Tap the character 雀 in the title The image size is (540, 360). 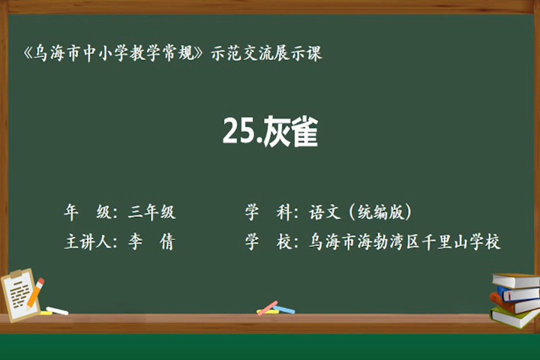pyautogui.click(x=304, y=131)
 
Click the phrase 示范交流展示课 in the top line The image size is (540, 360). pyautogui.click(x=266, y=53)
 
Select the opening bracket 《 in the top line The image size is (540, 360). pyautogui.click(x=28, y=53)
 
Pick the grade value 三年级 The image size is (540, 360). pyautogui.click(x=151, y=211)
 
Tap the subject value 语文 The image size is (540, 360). pyautogui.click(x=325, y=211)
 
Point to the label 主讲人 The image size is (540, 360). pyautogui.click(x=88, y=241)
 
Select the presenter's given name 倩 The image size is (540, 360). pyautogui.click(x=167, y=241)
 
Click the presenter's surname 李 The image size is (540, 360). pyautogui.click(x=135, y=241)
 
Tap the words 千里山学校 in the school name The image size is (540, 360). pyautogui.click(x=460, y=241)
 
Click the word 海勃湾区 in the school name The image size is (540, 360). pyautogui.click(x=388, y=241)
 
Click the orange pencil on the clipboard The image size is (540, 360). pyautogui.click(x=35, y=292)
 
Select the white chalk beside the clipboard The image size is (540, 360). pyautogui.click(x=57, y=310)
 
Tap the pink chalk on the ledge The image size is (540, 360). pyautogui.click(x=268, y=308)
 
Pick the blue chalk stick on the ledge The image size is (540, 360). pyautogui.click(x=284, y=310)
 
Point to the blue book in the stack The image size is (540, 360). pyautogui.click(x=518, y=294)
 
